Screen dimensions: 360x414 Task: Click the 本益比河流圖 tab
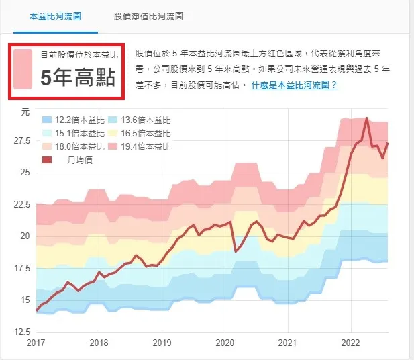pyautogui.click(x=56, y=15)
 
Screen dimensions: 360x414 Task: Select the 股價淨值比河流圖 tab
pyautogui.click(x=148, y=15)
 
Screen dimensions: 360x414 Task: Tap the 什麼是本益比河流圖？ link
pyautogui.click(x=294, y=85)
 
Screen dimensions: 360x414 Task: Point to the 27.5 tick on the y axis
pyautogui.click(x=21, y=141)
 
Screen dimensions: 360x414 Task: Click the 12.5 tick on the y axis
pyautogui.click(x=21, y=332)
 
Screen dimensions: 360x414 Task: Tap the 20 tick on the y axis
pyautogui.click(x=25, y=236)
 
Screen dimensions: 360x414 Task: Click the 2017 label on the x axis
pyautogui.click(x=36, y=343)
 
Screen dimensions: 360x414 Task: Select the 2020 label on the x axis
pyautogui.click(x=225, y=343)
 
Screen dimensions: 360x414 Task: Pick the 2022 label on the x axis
pyautogui.click(x=350, y=343)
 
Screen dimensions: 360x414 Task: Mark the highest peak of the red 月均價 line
pyautogui.click(x=367, y=118)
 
